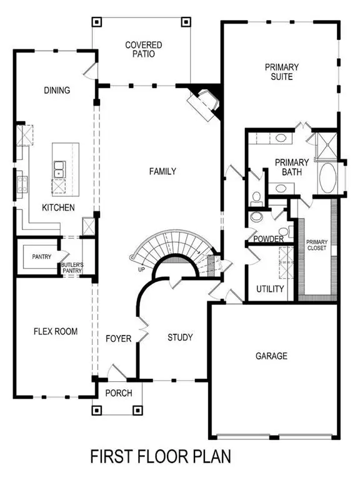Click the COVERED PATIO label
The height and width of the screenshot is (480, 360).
(x=144, y=49)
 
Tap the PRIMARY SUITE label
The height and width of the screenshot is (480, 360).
(x=282, y=72)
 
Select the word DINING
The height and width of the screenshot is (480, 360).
(x=57, y=91)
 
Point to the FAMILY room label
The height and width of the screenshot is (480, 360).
(x=162, y=171)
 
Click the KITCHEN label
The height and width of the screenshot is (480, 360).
(x=58, y=207)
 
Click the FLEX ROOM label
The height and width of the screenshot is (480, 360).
(x=56, y=331)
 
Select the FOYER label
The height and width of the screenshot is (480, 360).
(x=119, y=339)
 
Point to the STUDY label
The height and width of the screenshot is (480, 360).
(x=180, y=338)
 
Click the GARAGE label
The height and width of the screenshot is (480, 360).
(x=271, y=356)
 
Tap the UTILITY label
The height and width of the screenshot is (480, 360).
(x=271, y=289)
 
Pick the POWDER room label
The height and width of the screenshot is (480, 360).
(x=269, y=239)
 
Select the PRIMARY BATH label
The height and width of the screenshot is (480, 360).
(x=291, y=167)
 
